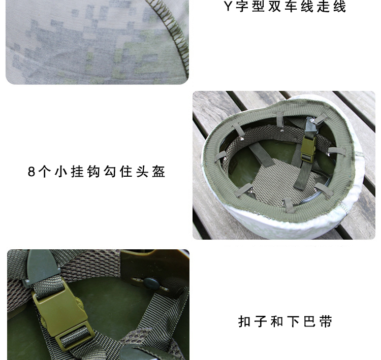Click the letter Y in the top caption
click(x=228, y=6)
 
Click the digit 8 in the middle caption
click(x=31, y=172)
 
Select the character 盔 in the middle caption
click(x=158, y=172)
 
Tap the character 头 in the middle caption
click(x=142, y=172)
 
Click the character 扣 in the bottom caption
click(x=244, y=321)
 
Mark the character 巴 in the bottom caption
click(x=309, y=321)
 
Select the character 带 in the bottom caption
click(x=326, y=321)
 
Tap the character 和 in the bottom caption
click(x=277, y=321)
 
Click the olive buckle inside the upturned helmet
click(x=308, y=149)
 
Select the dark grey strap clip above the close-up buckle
click(x=41, y=266)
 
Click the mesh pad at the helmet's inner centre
click(x=279, y=181)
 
